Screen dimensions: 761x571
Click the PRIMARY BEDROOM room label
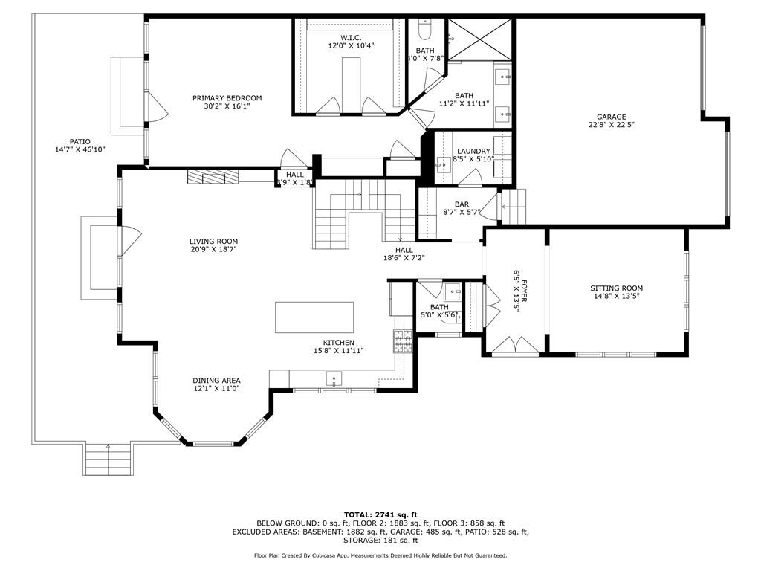pyautogui.click(x=227, y=98)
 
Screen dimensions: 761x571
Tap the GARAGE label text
pyautogui.click(x=611, y=117)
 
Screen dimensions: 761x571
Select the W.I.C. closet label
pyautogui.click(x=351, y=38)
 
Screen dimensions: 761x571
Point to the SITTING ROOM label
pyautogui.click(x=616, y=288)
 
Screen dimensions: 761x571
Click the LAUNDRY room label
pyautogui.click(x=473, y=152)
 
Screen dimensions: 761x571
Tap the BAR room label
pyautogui.click(x=462, y=204)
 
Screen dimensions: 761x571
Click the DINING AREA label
pyautogui.click(x=216, y=381)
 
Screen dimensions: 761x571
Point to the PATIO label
pyautogui.click(x=80, y=142)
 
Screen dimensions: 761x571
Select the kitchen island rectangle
pyautogui.click(x=314, y=317)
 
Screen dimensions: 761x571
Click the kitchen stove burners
pyautogui.click(x=402, y=341)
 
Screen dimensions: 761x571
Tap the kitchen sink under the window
pyautogui.click(x=334, y=378)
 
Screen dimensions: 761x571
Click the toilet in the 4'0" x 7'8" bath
pyautogui.click(x=424, y=29)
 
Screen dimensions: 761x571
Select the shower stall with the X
pyautogui.click(x=479, y=39)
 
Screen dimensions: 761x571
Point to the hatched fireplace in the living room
pyautogui.click(x=213, y=177)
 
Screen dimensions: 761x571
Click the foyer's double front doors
pyautogui.click(x=515, y=345)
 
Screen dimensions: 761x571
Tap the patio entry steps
pyautogui.click(x=109, y=459)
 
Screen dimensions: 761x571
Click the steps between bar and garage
pyautogui.click(x=514, y=207)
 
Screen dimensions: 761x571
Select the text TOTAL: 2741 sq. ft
pyautogui.click(x=380, y=514)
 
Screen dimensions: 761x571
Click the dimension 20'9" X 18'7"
pyautogui.click(x=213, y=250)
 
